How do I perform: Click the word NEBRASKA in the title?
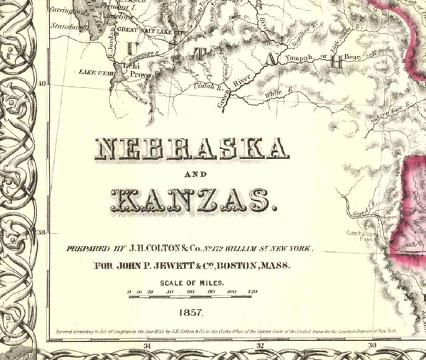click(192, 149)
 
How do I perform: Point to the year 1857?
click(192, 312)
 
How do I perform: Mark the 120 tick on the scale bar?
click(252, 292)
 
